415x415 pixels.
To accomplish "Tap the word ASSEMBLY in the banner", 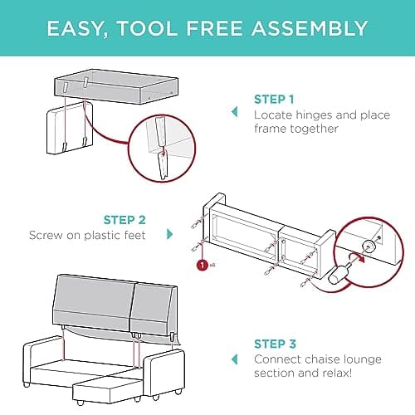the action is tap(310, 28).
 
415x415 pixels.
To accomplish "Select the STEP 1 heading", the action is tap(274, 100).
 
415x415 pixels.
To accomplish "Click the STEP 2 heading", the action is tap(124, 220).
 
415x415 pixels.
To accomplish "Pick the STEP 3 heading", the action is tap(275, 344).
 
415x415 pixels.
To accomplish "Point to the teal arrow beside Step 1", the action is tap(235, 112).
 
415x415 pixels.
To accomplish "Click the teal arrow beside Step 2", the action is tap(169, 234).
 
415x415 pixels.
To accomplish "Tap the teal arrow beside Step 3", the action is tap(235, 359).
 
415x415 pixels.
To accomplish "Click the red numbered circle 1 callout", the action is tap(203, 265).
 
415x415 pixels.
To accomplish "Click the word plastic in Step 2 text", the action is tap(103, 236).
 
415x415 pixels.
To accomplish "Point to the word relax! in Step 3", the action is tap(338, 373).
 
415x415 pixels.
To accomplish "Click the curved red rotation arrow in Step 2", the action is tap(357, 257).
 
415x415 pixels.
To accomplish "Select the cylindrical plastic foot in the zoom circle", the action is tap(337, 274).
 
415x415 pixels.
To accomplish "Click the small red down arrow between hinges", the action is tap(164, 152).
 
